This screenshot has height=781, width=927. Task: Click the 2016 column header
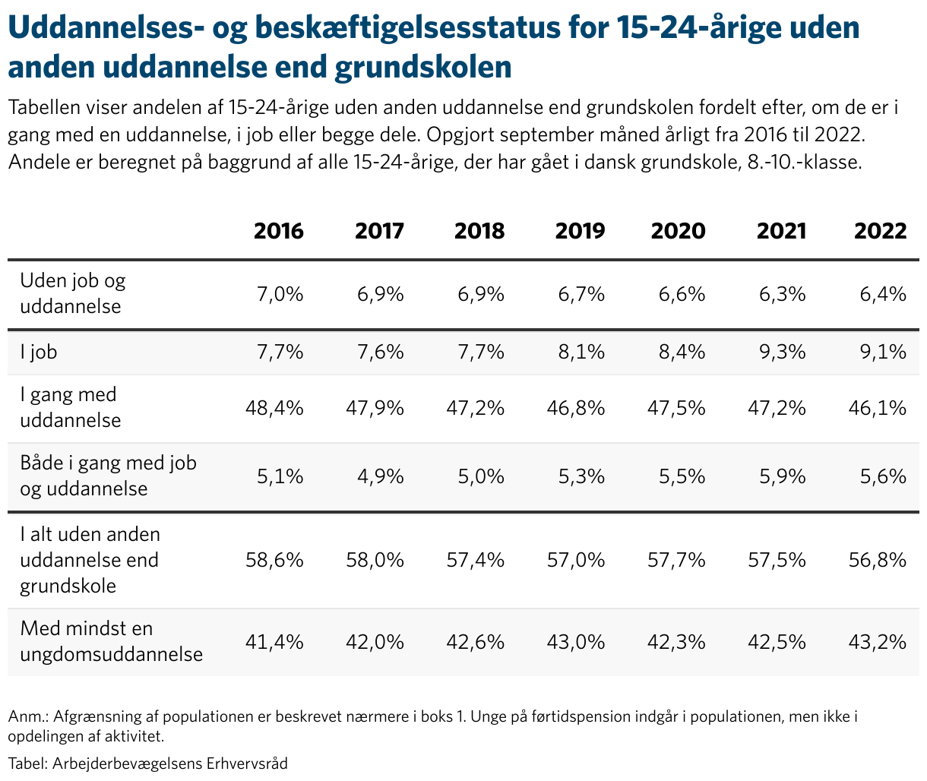point(278,231)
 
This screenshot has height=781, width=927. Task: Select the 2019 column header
point(580,231)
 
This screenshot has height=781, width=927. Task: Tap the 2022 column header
point(881,231)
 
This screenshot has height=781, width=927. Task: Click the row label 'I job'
point(39,352)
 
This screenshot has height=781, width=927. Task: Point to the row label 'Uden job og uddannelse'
point(73,293)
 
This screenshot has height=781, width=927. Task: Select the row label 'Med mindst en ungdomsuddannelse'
point(112,641)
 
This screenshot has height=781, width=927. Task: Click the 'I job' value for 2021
point(782,352)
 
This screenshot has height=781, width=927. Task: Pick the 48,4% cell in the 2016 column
point(274,408)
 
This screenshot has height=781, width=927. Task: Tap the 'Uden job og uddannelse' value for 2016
point(280,294)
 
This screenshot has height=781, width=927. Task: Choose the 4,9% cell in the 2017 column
point(381,476)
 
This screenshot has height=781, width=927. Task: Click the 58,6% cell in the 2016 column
point(274,560)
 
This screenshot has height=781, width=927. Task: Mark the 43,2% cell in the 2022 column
point(878,641)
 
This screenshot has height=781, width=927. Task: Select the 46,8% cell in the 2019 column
point(576,408)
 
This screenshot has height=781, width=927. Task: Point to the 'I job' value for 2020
point(682,352)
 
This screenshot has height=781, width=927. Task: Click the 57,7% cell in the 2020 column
point(676,560)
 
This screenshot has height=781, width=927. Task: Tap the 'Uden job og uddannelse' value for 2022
point(883,294)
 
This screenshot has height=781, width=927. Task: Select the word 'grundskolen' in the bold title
point(423,68)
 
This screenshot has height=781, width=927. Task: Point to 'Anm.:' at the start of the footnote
point(28,716)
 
